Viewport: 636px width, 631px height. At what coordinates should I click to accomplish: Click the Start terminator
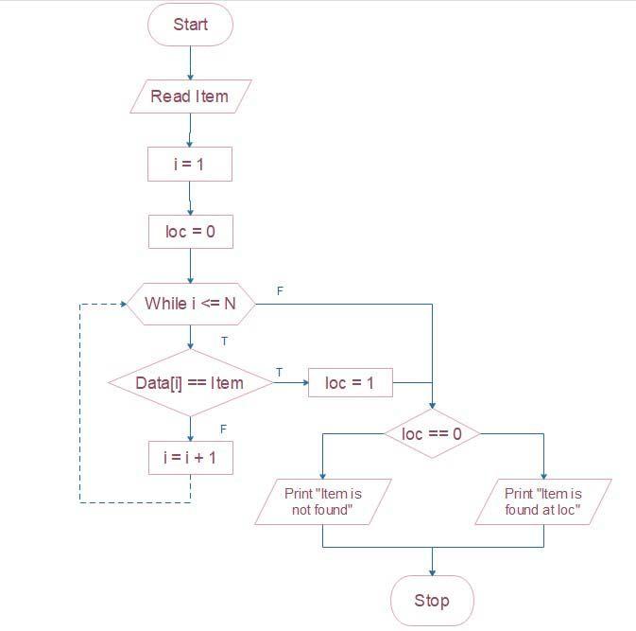[190, 26]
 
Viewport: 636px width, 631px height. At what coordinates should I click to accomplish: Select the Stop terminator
[432, 600]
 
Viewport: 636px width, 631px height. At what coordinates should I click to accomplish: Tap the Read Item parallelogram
[190, 96]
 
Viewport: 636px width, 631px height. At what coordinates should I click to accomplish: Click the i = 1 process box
[190, 164]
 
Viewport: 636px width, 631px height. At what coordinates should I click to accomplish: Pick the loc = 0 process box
[190, 232]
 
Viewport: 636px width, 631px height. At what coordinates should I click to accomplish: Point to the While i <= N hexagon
[190, 304]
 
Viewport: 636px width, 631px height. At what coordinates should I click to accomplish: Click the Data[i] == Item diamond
[190, 383]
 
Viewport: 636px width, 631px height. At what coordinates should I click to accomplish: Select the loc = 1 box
[350, 383]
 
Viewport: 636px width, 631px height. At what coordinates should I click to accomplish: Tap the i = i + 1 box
[190, 458]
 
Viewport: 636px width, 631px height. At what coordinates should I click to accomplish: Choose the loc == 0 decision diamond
[432, 434]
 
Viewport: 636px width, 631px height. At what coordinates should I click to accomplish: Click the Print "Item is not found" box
[323, 501]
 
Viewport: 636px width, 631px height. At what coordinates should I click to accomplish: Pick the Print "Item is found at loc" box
[543, 501]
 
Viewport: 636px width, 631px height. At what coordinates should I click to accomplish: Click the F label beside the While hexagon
[280, 290]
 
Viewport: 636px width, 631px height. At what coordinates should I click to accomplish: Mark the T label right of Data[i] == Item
[279, 373]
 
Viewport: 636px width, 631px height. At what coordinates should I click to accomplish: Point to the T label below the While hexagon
[224, 341]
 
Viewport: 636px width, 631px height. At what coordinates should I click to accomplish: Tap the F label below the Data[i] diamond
[224, 429]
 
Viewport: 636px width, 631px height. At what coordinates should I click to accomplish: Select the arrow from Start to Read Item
[190, 62]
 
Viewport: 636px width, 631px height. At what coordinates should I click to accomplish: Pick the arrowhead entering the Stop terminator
[432, 571]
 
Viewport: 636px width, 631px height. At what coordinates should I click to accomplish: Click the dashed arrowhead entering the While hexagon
[123, 304]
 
